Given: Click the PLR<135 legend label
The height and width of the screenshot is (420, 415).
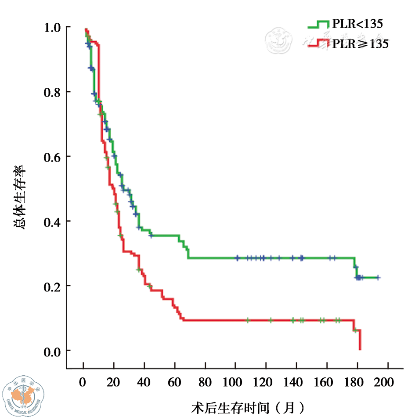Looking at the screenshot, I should pyautogui.click(x=357, y=24).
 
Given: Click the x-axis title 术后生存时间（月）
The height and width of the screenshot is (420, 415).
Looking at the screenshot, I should pyautogui.click(x=248, y=408).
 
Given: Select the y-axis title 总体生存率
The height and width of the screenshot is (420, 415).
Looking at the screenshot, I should pyautogui.click(x=20, y=197).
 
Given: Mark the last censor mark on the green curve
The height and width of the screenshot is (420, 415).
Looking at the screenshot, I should pyautogui.click(x=378, y=278).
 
